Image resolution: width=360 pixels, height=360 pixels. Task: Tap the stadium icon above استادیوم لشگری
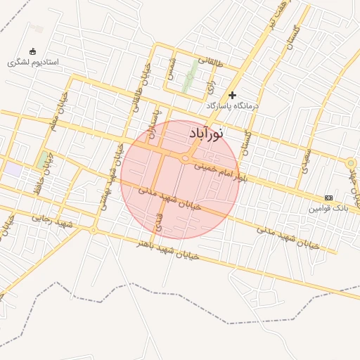pyautogui.click(x=33, y=51)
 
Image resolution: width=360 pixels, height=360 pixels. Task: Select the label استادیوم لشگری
pyautogui.click(x=33, y=63)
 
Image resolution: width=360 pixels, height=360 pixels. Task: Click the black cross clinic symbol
pyautogui.click(x=233, y=95)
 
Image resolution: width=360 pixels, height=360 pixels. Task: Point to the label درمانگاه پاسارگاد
pyautogui.click(x=233, y=105)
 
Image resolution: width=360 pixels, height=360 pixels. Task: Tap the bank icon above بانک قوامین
pyautogui.click(x=328, y=198)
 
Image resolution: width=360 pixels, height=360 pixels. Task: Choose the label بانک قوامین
pyautogui.click(x=328, y=209)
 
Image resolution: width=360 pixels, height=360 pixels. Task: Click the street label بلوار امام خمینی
pyautogui.click(x=221, y=172)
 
